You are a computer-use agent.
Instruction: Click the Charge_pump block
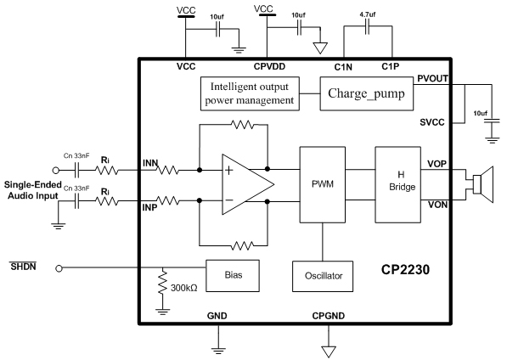pos(366,93)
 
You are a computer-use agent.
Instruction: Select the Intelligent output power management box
pos(250,93)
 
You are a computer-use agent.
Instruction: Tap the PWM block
pos(323,184)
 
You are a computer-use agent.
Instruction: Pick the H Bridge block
pos(397,184)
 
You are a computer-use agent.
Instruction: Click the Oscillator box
pos(323,276)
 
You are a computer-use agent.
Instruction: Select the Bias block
pos(233,276)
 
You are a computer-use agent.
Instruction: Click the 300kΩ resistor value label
pos(184,288)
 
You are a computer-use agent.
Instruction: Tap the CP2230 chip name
pos(405,269)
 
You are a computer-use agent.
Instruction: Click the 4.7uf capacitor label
pos(368,14)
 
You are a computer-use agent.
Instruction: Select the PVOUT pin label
pos(432,78)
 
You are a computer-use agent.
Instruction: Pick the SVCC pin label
pos(432,122)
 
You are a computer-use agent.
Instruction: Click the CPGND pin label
pos(328,316)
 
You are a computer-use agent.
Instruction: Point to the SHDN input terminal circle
pos(59,268)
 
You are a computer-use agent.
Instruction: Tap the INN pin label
pos(150,163)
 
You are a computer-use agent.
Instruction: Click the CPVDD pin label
pos(269,66)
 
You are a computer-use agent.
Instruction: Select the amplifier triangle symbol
pos(248,184)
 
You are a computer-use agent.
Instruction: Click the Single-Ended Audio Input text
pos(33,190)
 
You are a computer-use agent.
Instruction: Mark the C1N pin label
pos(343,67)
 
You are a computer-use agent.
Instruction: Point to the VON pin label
pos(437,205)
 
